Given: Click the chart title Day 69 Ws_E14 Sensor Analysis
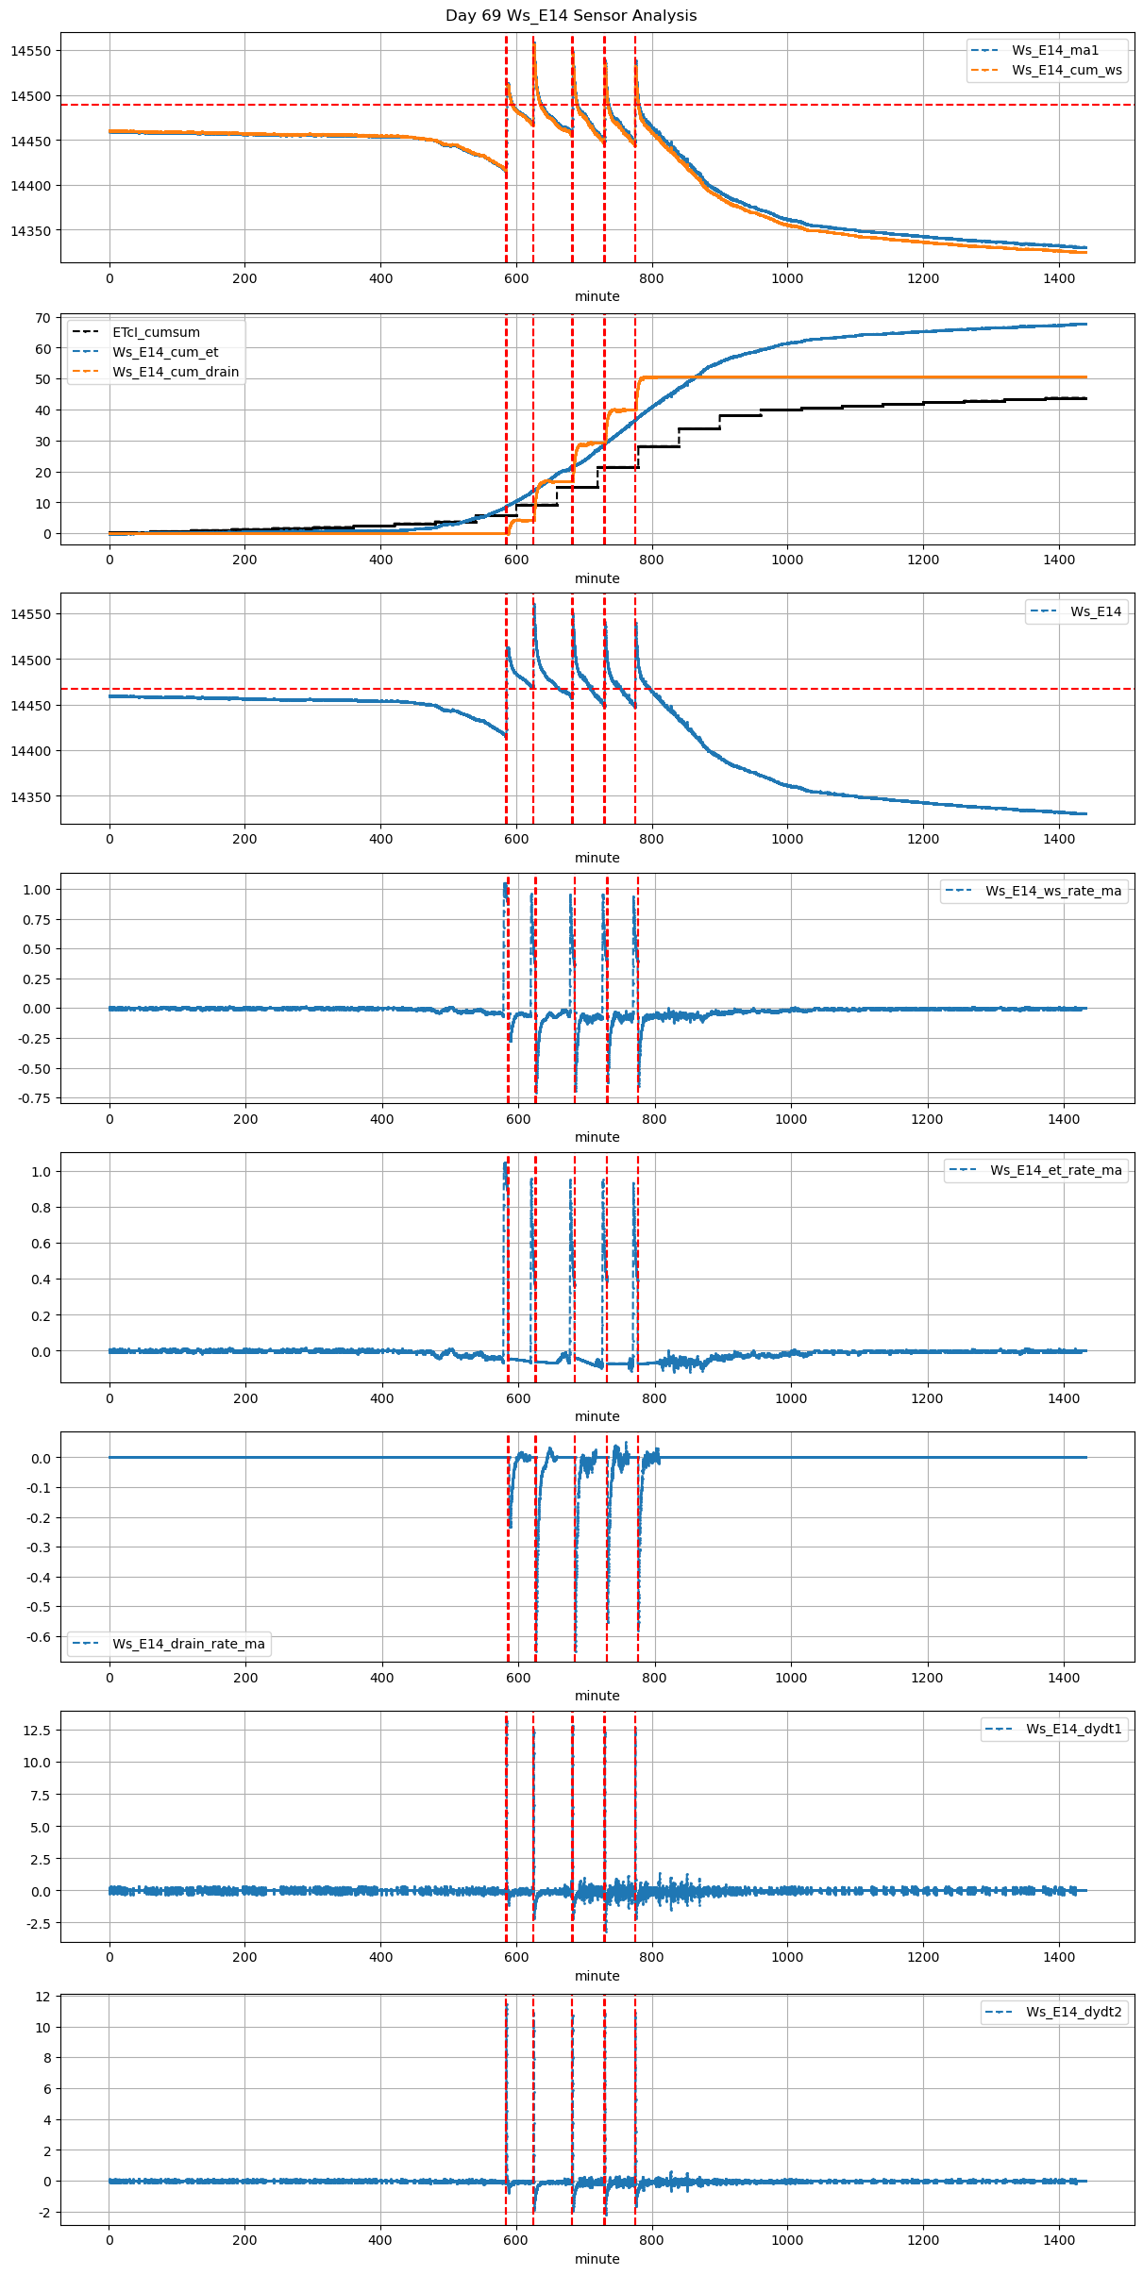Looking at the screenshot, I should [x=571, y=16].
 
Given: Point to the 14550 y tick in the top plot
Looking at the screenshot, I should [x=31, y=51].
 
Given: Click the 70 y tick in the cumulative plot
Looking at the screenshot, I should [x=43, y=318].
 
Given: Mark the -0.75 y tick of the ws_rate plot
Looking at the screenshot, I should [x=36, y=1098].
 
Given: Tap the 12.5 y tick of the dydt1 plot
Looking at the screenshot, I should [x=37, y=1731].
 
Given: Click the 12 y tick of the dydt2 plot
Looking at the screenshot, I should [x=43, y=1997].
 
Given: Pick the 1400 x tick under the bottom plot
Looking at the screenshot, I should [x=1059, y=2240].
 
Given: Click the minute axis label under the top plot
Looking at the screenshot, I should [x=597, y=296].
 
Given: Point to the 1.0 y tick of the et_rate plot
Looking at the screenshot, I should [x=42, y=1172].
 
